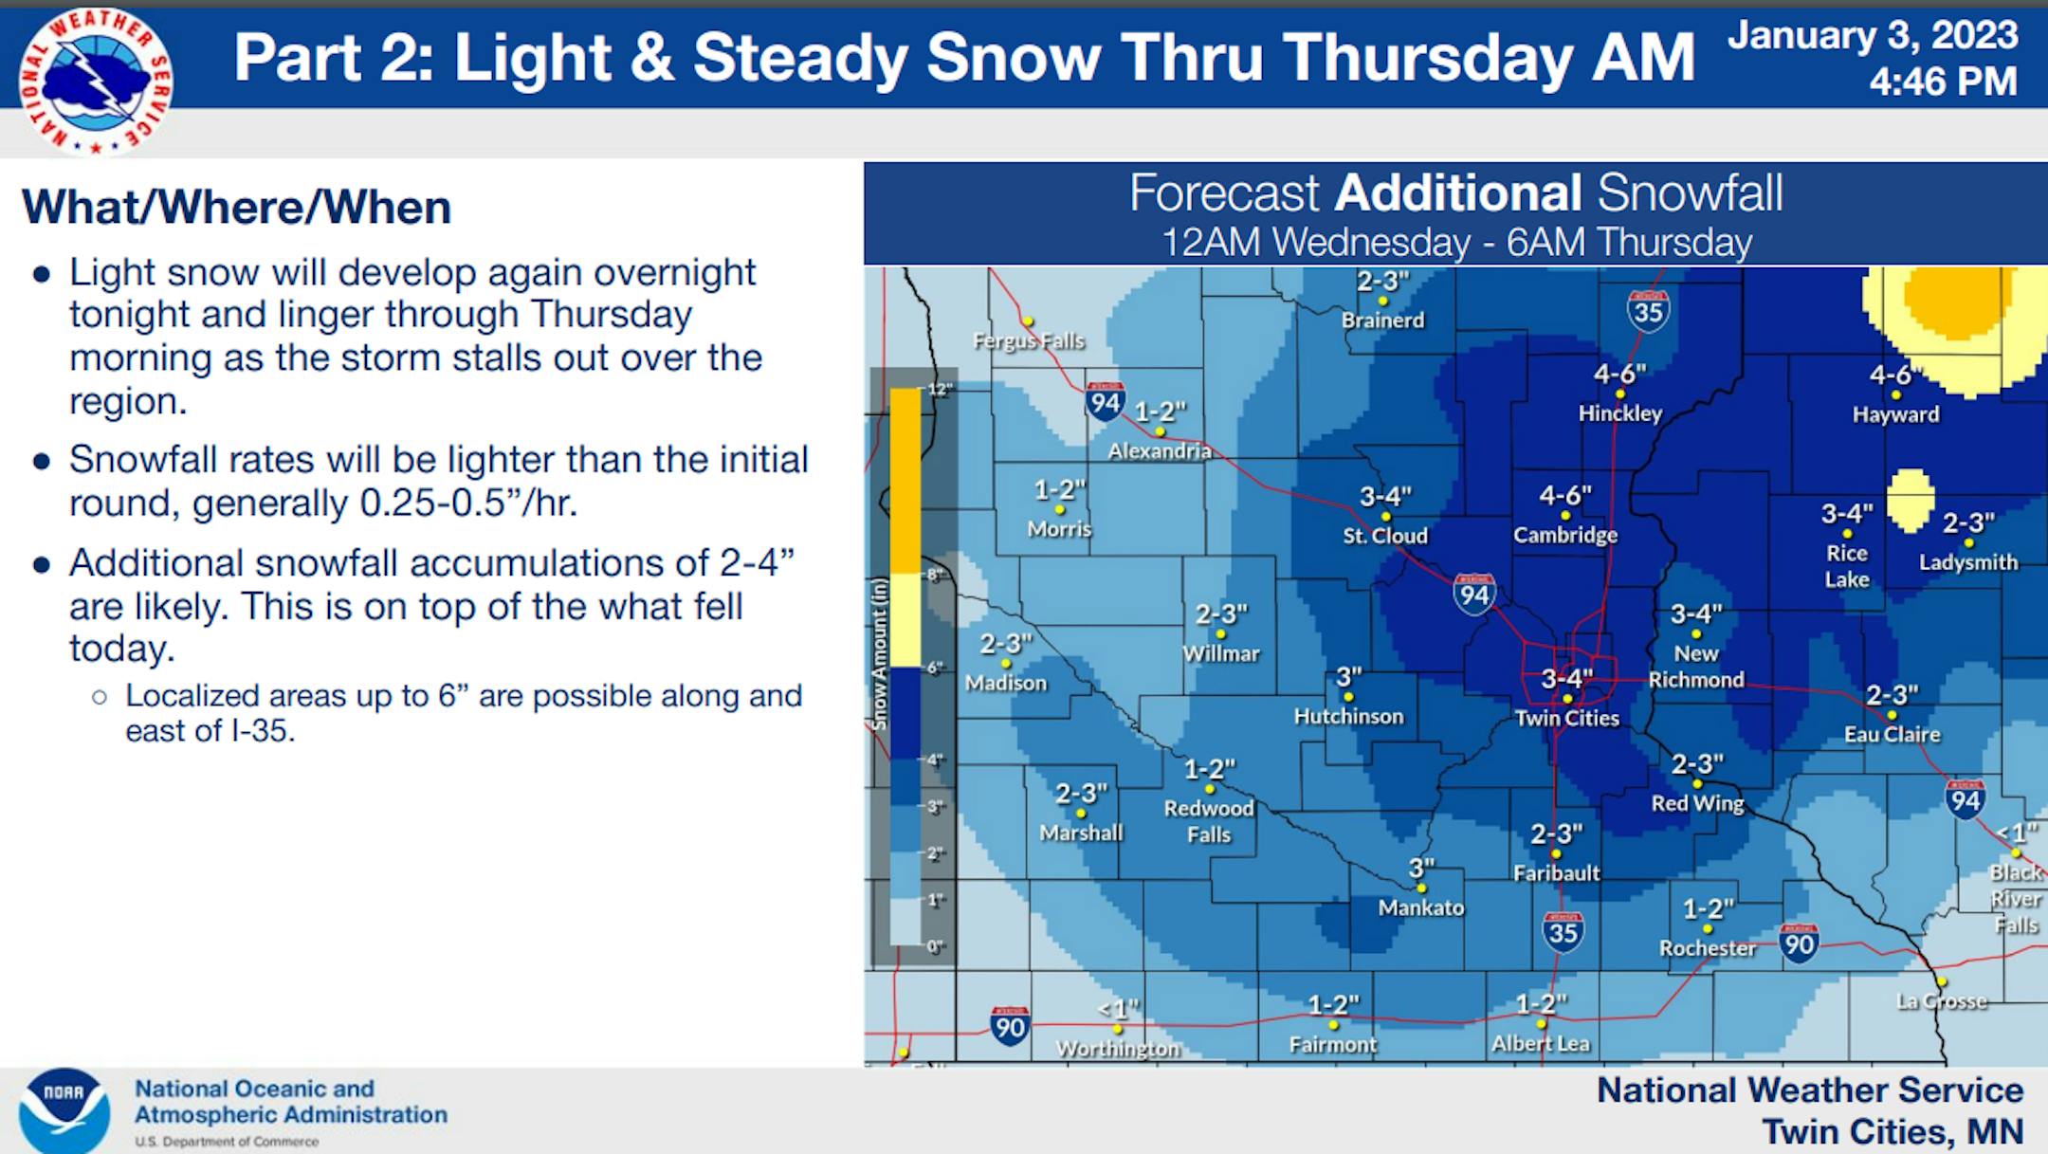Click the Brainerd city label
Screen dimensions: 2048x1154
[x=1382, y=321]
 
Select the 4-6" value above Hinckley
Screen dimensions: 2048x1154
[x=1619, y=375]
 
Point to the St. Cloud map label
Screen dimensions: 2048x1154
[x=1385, y=536]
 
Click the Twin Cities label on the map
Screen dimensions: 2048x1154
[x=1566, y=718]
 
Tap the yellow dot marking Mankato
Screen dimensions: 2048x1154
[x=1421, y=888]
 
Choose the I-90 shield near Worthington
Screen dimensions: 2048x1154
[x=1010, y=1027]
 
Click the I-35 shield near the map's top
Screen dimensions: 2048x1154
[x=1648, y=311]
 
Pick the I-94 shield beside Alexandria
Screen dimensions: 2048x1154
[x=1106, y=402]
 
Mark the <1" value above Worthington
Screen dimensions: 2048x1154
[x=1118, y=1009]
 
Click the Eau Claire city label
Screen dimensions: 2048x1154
[x=1892, y=735]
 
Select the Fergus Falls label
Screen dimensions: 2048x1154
[x=1029, y=340]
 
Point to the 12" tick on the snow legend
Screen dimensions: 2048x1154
[x=938, y=389]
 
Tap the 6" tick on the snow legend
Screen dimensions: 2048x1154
[x=935, y=668]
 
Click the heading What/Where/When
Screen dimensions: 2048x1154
[x=236, y=208]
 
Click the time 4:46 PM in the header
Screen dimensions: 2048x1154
[x=1943, y=82]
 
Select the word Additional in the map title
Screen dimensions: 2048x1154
[x=1457, y=193]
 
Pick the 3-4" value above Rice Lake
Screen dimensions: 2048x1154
[x=1846, y=514]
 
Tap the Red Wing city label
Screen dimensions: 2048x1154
[x=1697, y=804]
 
